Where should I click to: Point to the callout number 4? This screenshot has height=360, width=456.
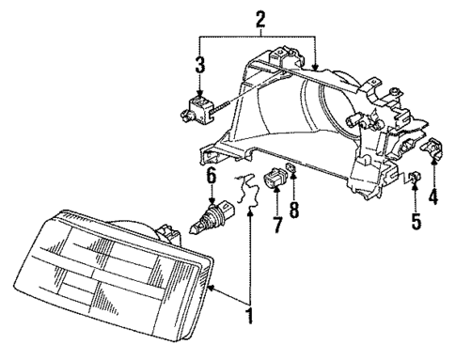tap(432, 197)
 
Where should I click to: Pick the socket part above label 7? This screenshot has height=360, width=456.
tap(277, 178)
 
